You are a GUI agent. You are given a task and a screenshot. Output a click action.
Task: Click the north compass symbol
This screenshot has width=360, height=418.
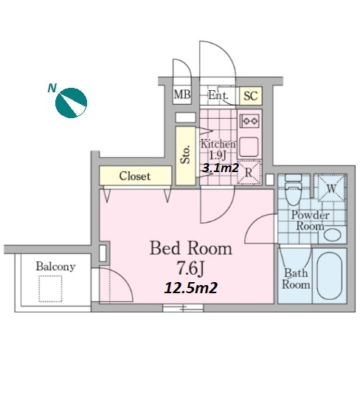(x=71, y=103)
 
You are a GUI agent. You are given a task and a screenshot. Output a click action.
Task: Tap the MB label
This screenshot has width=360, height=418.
(x=182, y=95)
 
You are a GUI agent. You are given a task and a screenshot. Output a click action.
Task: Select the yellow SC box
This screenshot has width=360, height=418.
(x=251, y=96)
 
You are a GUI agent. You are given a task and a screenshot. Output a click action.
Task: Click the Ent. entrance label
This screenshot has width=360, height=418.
(x=218, y=95)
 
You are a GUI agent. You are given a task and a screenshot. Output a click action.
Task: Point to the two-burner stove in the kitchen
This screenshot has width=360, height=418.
(x=250, y=121)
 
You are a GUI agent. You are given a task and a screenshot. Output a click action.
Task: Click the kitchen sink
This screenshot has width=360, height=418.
(x=249, y=147)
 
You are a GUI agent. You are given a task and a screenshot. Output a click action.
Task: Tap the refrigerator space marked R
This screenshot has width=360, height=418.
(x=249, y=172)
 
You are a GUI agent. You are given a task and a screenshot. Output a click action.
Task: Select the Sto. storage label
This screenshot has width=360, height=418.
(x=185, y=154)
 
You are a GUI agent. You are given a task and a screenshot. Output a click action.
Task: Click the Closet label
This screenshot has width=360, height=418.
(x=135, y=177)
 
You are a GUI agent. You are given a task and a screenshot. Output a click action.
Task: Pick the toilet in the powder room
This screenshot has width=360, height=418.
(x=293, y=190)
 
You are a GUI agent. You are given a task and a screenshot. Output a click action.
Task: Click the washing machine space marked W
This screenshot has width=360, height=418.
(x=331, y=188)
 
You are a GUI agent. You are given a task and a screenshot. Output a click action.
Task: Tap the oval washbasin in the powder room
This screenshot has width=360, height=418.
(x=333, y=235)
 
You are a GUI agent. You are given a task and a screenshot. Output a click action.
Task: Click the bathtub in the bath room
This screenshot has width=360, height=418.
(x=330, y=276)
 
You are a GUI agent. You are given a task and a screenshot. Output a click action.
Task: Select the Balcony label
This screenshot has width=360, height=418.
(x=55, y=267)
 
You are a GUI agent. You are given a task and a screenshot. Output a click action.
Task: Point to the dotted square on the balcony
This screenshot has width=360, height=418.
(x=50, y=289)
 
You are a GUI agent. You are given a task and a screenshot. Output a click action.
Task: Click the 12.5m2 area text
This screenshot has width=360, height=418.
(x=191, y=288)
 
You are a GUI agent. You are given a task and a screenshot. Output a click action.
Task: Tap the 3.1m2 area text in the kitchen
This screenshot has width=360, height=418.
(x=221, y=168)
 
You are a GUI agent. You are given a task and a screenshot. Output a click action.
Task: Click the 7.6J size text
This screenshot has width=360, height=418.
(x=190, y=269)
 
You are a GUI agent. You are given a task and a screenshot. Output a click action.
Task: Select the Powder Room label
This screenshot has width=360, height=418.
(x=311, y=221)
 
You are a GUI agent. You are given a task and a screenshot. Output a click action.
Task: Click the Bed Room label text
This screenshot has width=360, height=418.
(x=191, y=248)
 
